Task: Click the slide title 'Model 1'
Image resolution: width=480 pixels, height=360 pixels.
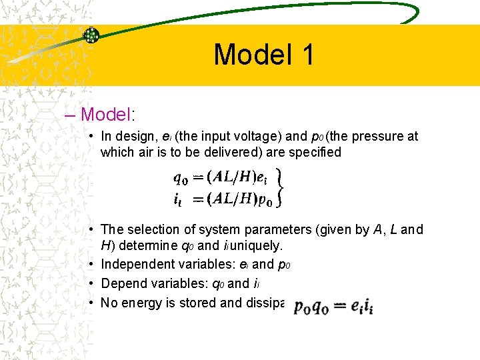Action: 264,55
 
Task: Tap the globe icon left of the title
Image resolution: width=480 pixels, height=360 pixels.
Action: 91,36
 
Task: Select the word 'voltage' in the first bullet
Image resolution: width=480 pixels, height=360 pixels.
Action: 259,137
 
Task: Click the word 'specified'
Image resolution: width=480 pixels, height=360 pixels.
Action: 316,152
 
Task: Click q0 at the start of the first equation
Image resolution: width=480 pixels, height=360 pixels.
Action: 180,178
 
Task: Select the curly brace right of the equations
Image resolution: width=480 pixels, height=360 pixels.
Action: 281,187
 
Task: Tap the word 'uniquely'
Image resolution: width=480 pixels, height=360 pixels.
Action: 260,246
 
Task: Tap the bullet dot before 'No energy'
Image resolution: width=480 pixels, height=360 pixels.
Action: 91,303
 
